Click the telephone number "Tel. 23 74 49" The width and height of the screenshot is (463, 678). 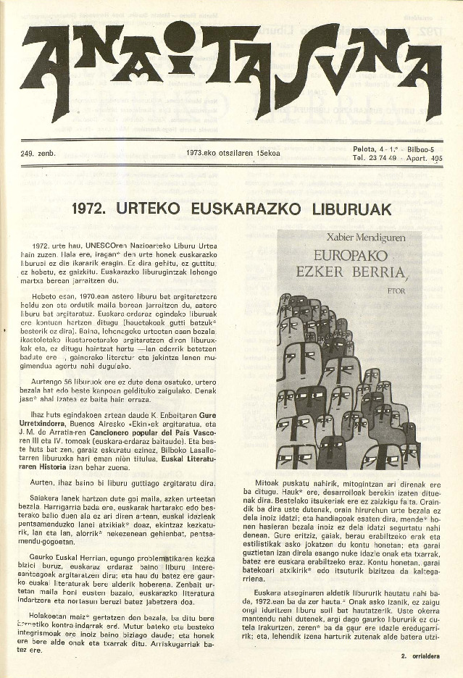click(x=374, y=157)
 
